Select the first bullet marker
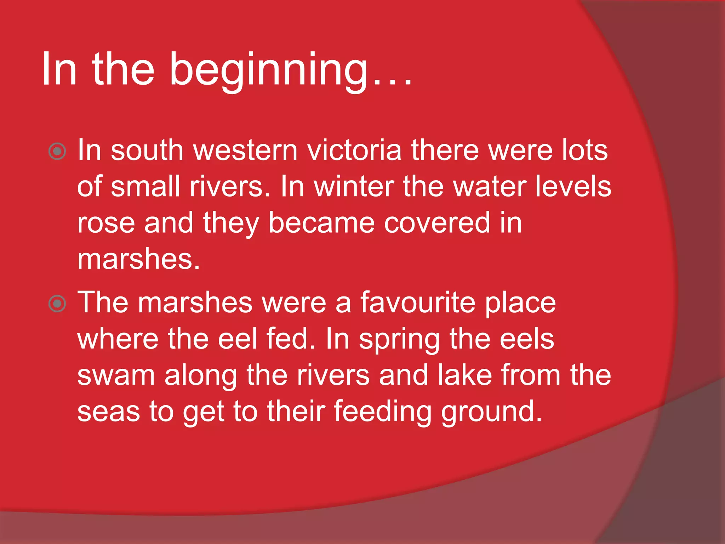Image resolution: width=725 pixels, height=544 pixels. click(x=57, y=152)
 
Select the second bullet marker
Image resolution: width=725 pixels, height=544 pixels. click(x=57, y=304)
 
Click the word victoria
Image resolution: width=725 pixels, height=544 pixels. click(x=354, y=150)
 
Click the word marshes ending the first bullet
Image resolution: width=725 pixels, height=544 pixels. click(x=138, y=260)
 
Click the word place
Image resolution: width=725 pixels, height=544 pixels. click(x=520, y=304)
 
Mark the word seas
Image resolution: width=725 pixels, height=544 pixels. click(x=108, y=412)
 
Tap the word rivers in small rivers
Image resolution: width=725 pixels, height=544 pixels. click(x=230, y=187)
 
